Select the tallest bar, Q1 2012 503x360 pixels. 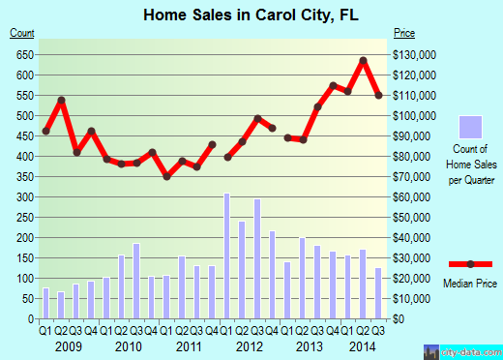point(227,256)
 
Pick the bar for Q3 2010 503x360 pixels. point(136,282)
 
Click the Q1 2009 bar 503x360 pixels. point(45,304)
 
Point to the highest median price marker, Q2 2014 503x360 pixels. point(363,61)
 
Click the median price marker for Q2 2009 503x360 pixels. point(61,100)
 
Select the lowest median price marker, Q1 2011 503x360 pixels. point(166,176)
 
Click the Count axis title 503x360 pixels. point(22,34)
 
